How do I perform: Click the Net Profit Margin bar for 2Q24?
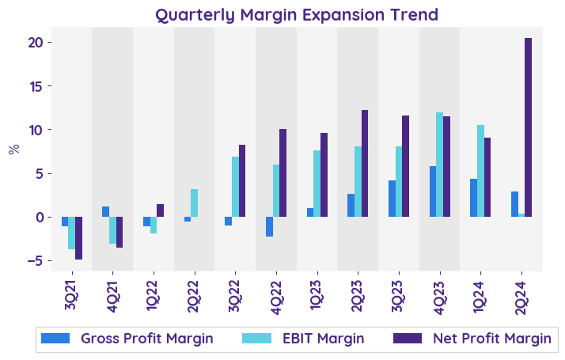(528, 127)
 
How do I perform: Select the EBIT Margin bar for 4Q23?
(439, 165)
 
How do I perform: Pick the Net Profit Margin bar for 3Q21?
(78, 238)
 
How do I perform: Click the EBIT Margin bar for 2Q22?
(194, 203)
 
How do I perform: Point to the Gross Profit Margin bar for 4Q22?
(269, 226)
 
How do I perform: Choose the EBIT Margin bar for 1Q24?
(480, 171)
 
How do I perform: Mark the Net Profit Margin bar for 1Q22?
(160, 210)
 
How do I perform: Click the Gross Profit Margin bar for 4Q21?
(105, 212)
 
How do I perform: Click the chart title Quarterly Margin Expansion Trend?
(297, 15)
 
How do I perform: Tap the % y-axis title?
(13, 149)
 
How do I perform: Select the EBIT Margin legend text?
(323, 339)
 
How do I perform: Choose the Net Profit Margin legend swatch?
(407, 339)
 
